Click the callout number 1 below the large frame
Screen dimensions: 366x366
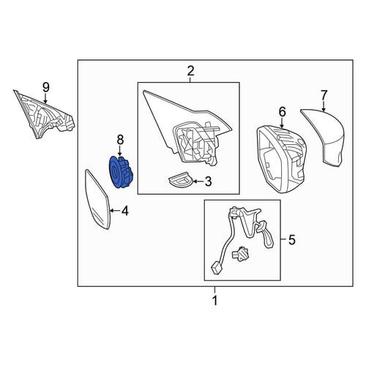point(214,300)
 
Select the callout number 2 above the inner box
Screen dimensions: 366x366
point(190,71)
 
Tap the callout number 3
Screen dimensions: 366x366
point(208,182)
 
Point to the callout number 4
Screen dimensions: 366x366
point(124,211)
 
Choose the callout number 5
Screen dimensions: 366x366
point(292,239)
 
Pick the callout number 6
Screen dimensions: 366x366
point(282,112)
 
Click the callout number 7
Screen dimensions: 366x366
point(324,95)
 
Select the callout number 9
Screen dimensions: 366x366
point(46,87)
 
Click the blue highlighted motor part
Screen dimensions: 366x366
point(121,172)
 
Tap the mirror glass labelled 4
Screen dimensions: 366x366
point(97,199)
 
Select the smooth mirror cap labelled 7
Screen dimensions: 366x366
point(324,137)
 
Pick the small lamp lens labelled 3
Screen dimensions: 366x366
point(181,181)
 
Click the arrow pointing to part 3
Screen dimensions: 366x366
point(198,182)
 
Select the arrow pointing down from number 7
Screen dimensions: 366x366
point(324,106)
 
